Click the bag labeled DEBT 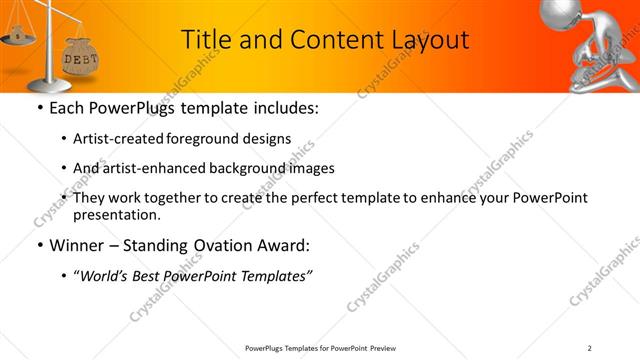pyautogui.click(x=80, y=58)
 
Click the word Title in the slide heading pyautogui.click(x=206, y=39)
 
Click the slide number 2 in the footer pyautogui.click(x=590, y=348)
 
